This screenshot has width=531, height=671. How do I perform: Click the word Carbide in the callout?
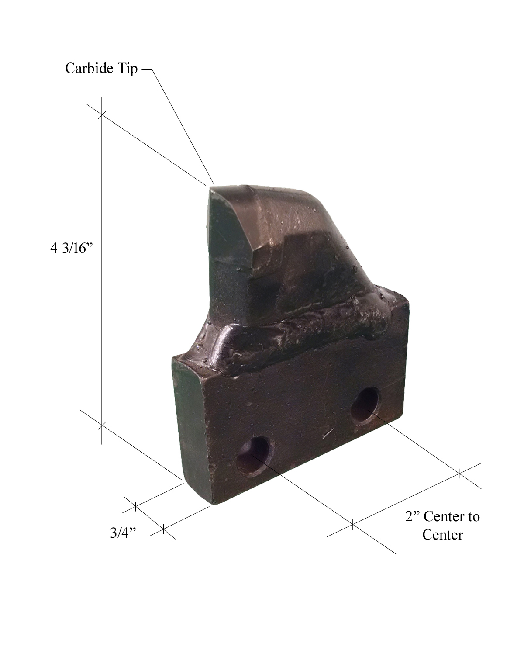(90, 69)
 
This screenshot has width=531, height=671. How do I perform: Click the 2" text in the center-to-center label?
(412, 517)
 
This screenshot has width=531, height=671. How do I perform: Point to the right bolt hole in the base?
(365, 405)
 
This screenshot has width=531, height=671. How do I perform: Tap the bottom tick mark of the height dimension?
(102, 424)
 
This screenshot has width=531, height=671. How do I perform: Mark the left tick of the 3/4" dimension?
(135, 506)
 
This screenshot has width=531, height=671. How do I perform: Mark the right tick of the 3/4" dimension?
(163, 529)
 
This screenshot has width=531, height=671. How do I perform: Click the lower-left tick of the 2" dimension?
(353, 524)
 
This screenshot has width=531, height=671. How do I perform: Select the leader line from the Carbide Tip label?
(183, 127)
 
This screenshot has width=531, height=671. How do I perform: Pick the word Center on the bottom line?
(442, 535)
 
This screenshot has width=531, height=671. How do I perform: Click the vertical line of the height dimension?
(102, 271)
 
